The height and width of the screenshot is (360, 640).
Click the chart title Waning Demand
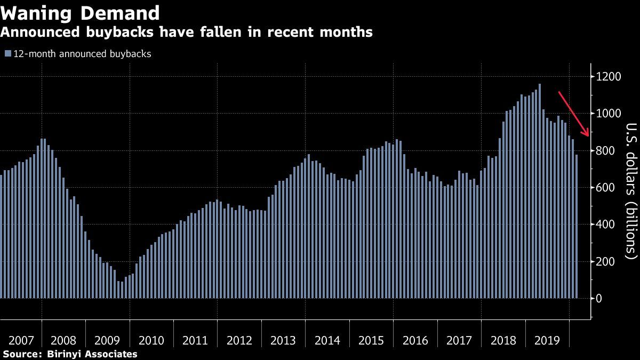click(x=81, y=13)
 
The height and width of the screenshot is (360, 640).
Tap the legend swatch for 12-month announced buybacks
click(x=8, y=54)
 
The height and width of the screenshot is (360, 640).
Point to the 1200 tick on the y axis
click(x=610, y=77)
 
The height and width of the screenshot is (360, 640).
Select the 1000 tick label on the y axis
click(x=610, y=114)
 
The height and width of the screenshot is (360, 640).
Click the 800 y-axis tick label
click(x=607, y=151)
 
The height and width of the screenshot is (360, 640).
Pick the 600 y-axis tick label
click(x=607, y=188)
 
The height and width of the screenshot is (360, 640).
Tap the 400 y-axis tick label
click(x=607, y=225)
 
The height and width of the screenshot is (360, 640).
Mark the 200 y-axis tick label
click(x=607, y=262)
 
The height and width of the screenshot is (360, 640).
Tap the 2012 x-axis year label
click(x=239, y=340)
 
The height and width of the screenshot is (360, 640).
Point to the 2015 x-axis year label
click(x=372, y=340)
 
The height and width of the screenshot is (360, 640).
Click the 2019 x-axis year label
click(x=547, y=340)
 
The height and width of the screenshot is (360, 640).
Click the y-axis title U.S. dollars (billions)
click(x=631, y=190)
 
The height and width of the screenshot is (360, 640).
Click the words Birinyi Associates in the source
click(x=93, y=354)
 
